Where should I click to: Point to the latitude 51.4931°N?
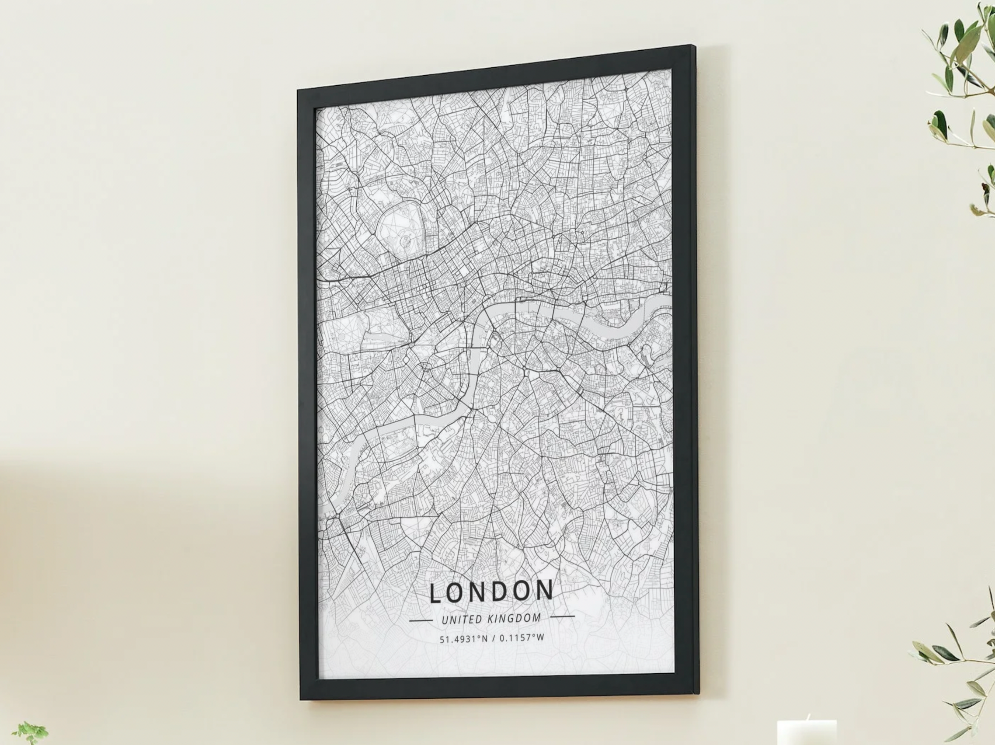[x=463, y=639]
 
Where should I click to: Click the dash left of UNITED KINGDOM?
[x=421, y=621]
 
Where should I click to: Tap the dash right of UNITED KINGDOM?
[x=562, y=616]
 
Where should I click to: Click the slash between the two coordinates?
[x=494, y=638]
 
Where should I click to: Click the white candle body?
[x=807, y=733]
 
